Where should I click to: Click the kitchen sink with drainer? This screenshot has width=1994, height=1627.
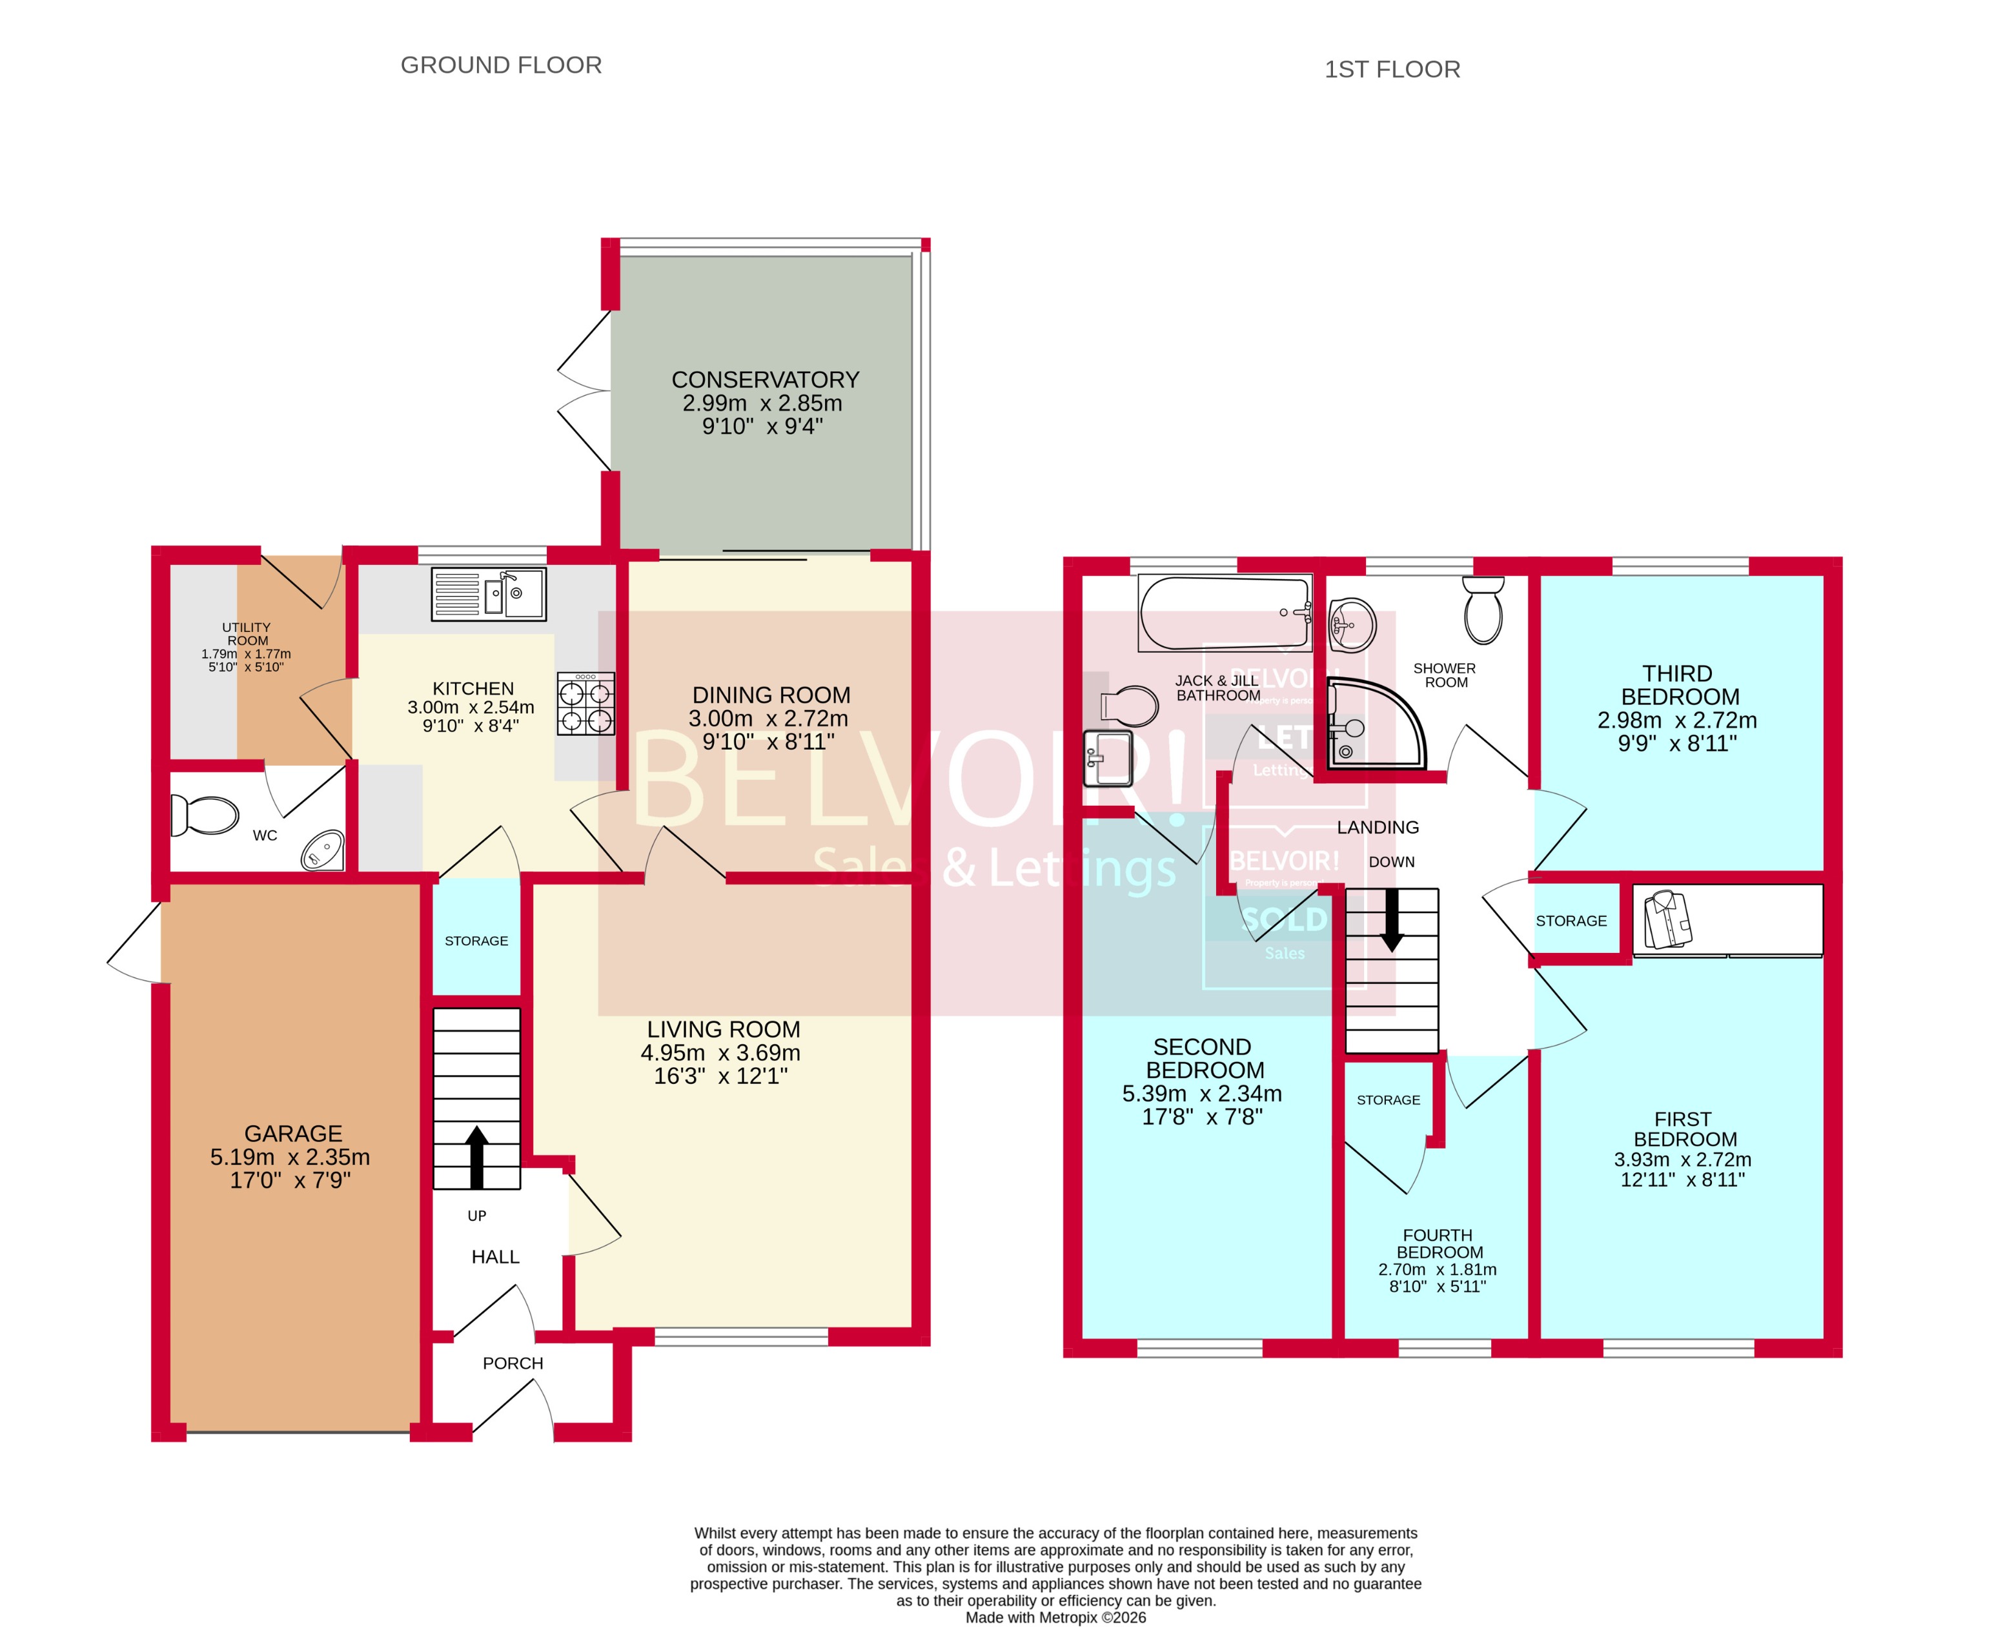pyautogui.click(x=488, y=594)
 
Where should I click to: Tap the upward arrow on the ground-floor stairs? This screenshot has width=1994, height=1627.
pyautogui.click(x=477, y=1156)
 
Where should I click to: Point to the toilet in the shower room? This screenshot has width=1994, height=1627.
pyautogui.click(x=1483, y=610)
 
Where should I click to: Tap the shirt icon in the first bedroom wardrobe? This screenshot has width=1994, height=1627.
pyautogui.click(x=1668, y=920)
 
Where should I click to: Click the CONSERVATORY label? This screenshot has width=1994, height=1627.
pyautogui.click(x=765, y=380)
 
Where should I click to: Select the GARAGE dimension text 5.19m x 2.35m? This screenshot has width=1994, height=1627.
pyautogui.click(x=290, y=1158)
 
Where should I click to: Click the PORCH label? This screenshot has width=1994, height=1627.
pyautogui.click(x=513, y=1364)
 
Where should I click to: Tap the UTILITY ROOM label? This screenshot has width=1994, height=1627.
pyautogui.click(x=247, y=635)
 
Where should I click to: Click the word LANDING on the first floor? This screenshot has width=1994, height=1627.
pyautogui.click(x=1378, y=828)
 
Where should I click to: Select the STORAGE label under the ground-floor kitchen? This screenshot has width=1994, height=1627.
pyautogui.click(x=476, y=941)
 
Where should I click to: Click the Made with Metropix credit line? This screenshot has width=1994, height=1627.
pyautogui.click(x=1055, y=1617)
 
